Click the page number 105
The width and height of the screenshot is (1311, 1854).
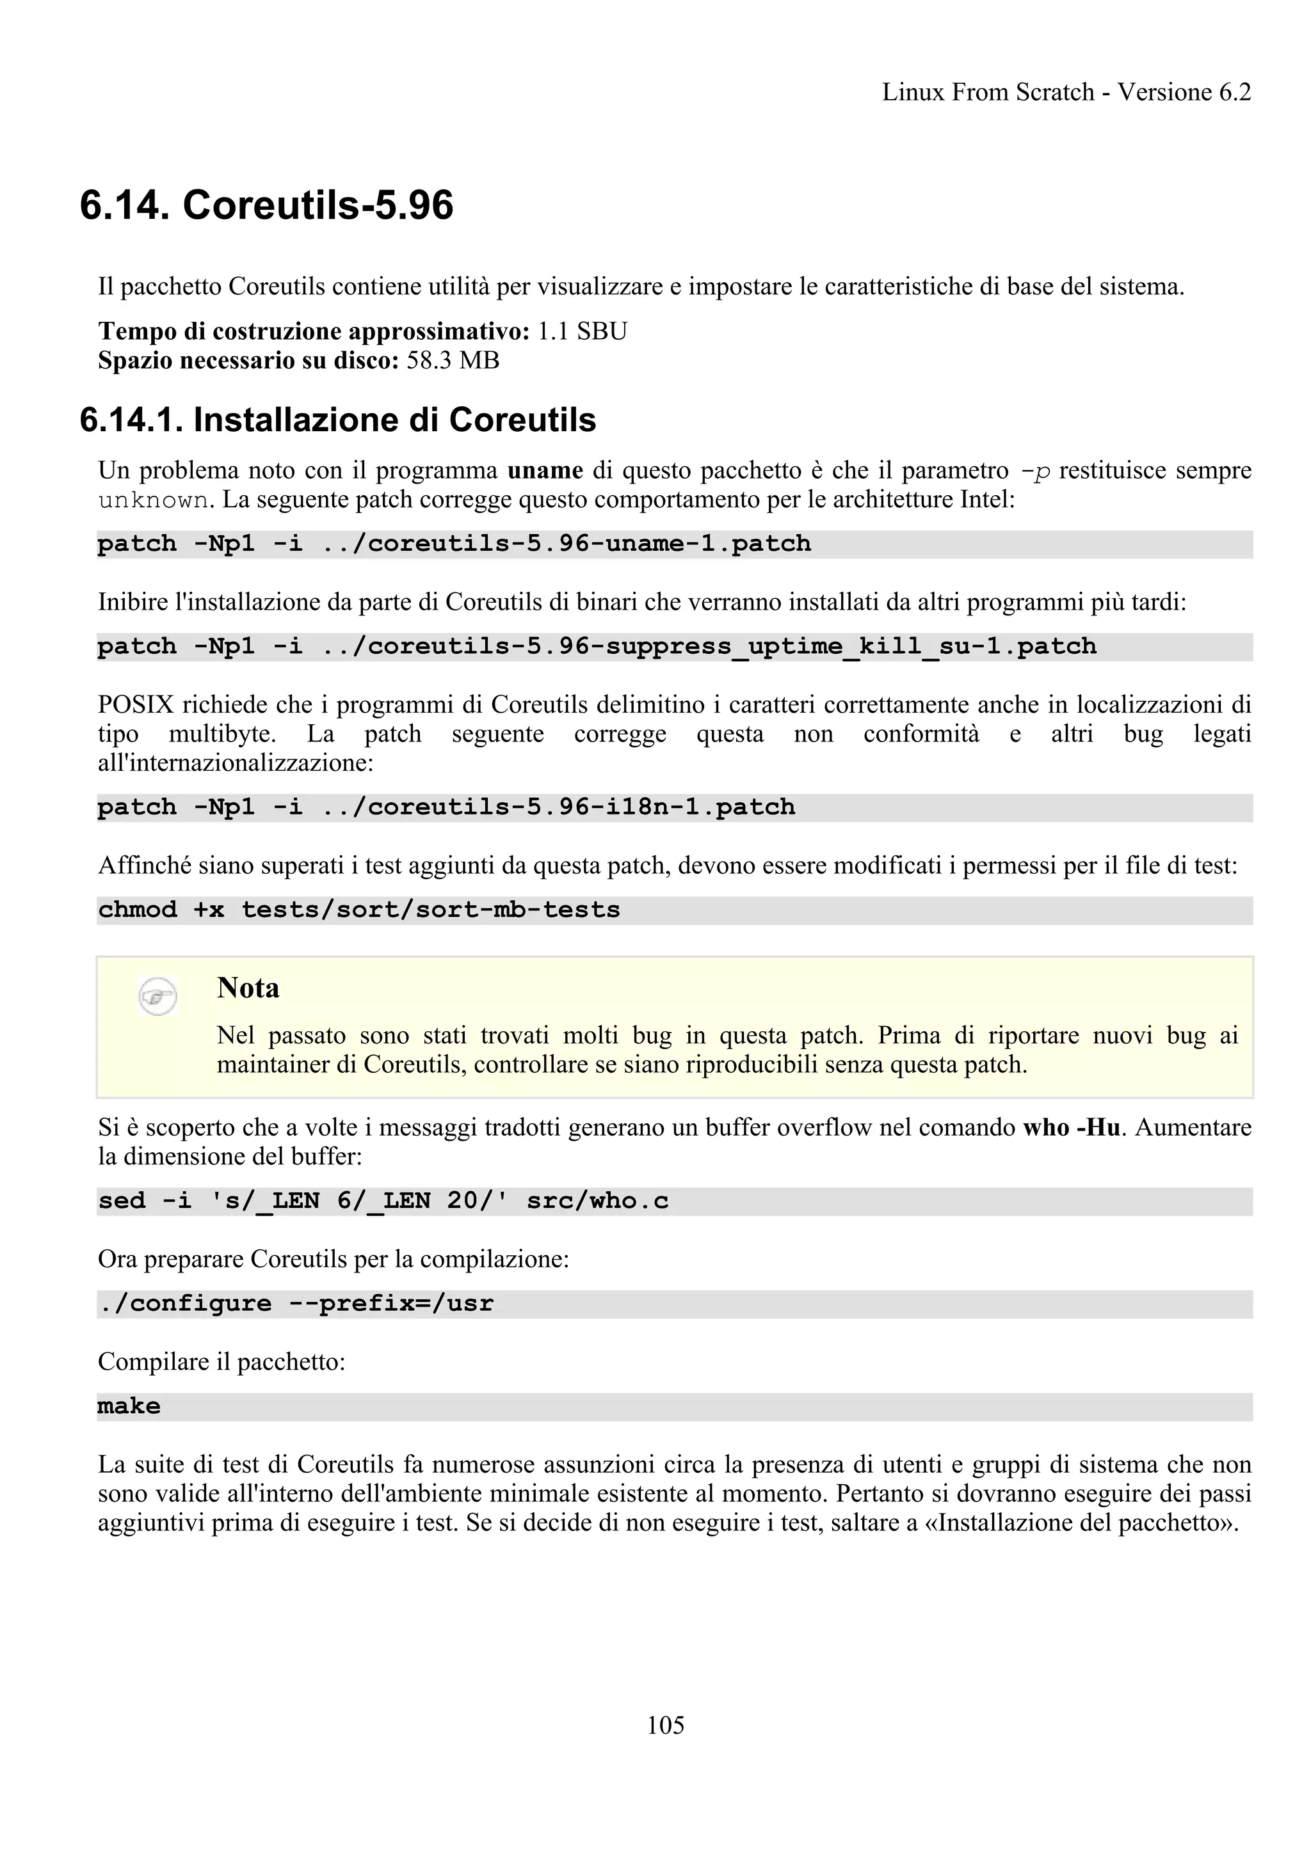pos(665,1725)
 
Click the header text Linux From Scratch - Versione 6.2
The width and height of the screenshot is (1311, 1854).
pos(1066,92)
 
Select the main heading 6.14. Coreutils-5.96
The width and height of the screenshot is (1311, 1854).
pos(266,205)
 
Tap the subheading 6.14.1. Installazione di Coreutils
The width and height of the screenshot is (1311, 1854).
pos(337,420)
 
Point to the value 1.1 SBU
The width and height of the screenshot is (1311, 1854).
pos(583,331)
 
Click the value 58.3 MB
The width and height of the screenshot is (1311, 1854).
pos(453,360)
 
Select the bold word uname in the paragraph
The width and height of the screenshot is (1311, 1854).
pos(545,470)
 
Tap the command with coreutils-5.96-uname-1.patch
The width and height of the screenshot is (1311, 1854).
pos(454,543)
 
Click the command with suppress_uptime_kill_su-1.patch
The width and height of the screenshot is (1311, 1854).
pos(596,646)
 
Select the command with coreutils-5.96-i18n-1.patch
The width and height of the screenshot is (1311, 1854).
pos(446,807)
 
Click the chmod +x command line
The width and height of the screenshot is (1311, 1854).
pos(358,909)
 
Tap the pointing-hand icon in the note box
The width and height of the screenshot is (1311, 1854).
pos(157,997)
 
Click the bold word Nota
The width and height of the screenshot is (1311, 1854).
pos(248,988)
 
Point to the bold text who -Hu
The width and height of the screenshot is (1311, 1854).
pos(1071,1127)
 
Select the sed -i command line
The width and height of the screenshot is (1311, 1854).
pos(383,1201)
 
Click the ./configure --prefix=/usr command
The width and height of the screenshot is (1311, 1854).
pos(296,1303)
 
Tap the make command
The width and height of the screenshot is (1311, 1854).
pos(129,1406)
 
